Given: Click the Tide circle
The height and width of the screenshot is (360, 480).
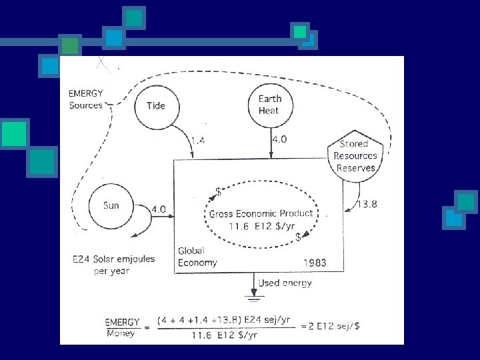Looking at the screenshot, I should coord(155,105).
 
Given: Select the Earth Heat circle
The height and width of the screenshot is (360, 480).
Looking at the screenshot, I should coord(270,105).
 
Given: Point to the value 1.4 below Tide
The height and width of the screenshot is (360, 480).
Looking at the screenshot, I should coord(199,140).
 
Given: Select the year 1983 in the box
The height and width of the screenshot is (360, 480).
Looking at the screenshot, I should coord(314,263).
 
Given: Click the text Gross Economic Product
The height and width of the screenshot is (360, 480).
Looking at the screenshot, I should coord(261,214).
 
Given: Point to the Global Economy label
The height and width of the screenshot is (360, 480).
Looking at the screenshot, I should coord(197,257).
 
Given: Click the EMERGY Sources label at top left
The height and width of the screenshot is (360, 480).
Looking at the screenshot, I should coord(86,99).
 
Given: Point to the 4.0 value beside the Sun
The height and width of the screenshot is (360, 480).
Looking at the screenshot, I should coord(159,209).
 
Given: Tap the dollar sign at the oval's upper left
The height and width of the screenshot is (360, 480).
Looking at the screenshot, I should coord(218,191).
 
